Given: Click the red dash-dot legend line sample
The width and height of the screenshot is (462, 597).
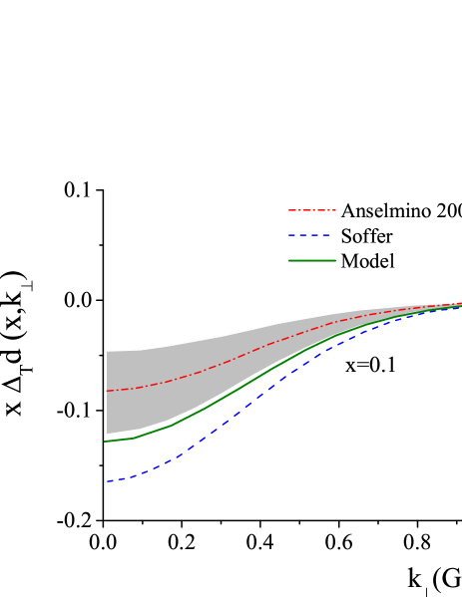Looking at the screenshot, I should (312, 210).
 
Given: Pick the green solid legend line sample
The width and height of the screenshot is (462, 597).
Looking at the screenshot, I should (312, 261).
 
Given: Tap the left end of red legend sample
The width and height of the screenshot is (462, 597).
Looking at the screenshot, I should (289, 210).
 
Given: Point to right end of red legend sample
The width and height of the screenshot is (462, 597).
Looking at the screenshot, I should (336, 210).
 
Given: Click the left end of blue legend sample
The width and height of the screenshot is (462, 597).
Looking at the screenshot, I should (289, 236).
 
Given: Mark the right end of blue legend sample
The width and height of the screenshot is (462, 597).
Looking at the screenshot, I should (331, 236).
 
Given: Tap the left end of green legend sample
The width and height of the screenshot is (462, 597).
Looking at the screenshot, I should (289, 261).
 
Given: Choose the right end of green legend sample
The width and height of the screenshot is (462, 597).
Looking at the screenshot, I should (335, 261).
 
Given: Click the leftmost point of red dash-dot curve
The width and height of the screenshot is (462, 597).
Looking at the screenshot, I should (107, 391).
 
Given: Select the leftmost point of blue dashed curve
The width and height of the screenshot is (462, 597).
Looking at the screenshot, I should (107, 481).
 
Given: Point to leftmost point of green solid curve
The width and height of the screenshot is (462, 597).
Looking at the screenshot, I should (105, 441).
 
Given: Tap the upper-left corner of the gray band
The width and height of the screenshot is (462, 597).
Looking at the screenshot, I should (107, 351).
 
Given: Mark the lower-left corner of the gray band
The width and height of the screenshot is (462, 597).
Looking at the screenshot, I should (107, 435).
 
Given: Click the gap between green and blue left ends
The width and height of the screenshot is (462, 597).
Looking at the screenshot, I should (110, 460).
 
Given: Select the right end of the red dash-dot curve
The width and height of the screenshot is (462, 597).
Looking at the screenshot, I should (460, 303).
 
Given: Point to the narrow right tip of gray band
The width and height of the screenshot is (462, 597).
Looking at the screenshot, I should (457, 305).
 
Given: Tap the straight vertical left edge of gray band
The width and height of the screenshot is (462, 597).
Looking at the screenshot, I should (107, 393).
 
